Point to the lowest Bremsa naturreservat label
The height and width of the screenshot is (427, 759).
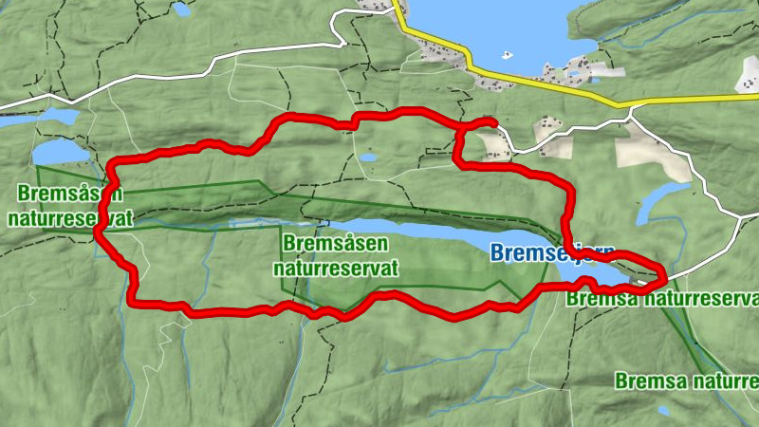point(685,381)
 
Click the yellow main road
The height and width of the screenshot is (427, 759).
point(531,84)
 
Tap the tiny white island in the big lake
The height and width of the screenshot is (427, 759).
point(506,53)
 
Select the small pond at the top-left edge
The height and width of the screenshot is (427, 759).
point(180,9)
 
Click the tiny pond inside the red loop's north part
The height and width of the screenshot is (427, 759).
point(368,158)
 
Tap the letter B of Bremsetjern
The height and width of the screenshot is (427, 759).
point(496,253)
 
